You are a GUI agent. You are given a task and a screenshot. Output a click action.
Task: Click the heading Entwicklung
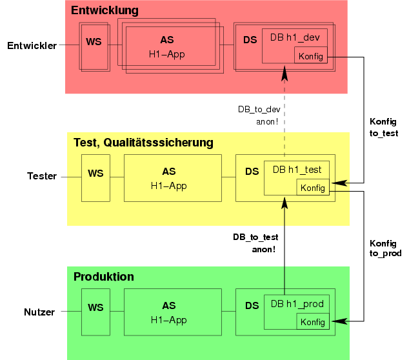click(105, 11)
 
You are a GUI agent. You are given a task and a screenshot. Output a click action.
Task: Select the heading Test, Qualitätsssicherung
click(143, 143)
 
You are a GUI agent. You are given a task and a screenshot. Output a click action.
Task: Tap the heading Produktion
click(104, 277)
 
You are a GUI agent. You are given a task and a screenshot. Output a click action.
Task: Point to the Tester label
click(42, 176)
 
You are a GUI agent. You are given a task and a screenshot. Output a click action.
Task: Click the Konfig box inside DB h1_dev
click(311, 56)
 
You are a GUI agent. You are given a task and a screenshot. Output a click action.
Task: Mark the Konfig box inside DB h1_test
click(313, 188)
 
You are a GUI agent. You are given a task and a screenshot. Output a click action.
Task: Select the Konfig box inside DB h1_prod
click(313, 322)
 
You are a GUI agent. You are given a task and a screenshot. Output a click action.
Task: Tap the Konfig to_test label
click(383, 128)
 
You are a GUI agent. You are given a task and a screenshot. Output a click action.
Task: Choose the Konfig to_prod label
click(385, 248)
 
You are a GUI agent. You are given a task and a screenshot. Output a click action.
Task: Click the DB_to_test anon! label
click(255, 243)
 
